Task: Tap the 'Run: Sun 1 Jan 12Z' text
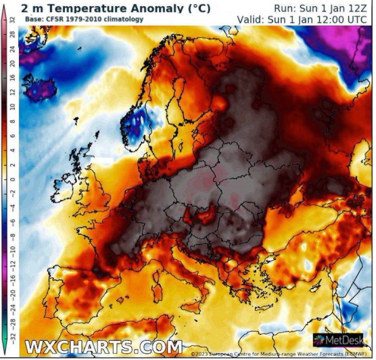pyautogui.click(x=320, y=8)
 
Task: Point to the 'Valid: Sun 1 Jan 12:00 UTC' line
pyautogui.click(x=302, y=19)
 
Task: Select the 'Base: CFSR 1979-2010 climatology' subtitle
pyautogui.click(x=84, y=19)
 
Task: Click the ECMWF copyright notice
pyautogui.click(x=282, y=354)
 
